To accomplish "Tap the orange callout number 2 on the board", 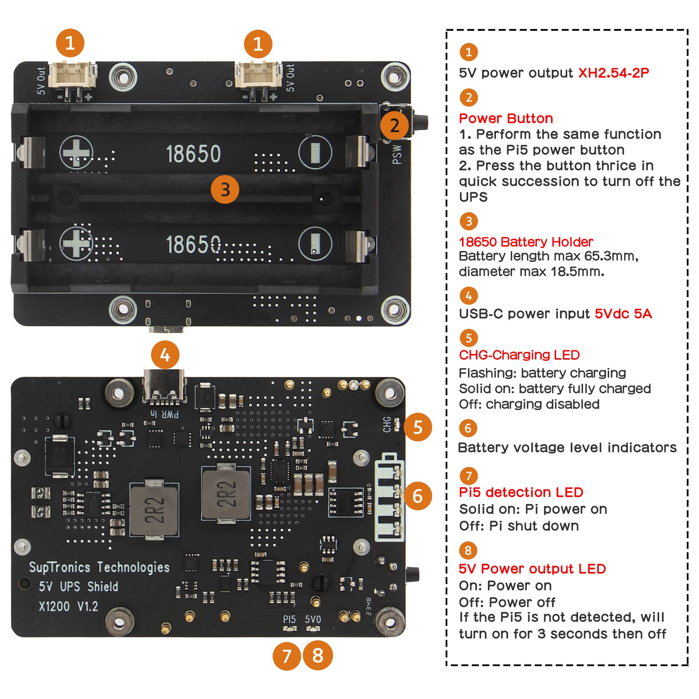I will (x=394, y=125).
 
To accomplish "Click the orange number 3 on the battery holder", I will (x=225, y=189).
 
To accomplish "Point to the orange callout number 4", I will (x=165, y=355).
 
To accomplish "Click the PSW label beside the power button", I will (x=397, y=154).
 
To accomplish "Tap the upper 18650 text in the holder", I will (x=193, y=154).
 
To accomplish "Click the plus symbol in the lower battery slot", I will (x=75, y=243).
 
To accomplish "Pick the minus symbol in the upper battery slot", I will (x=315, y=152).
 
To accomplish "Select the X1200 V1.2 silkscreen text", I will (x=69, y=606).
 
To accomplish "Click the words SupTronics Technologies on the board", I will (x=99, y=567).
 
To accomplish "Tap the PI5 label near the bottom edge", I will (x=289, y=619).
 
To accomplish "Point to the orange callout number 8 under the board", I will (x=317, y=655).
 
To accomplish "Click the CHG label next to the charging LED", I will (x=387, y=424).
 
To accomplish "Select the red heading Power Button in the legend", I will (x=505, y=119).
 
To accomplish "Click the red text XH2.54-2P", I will (x=613, y=73).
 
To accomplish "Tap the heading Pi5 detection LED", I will (x=521, y=492).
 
